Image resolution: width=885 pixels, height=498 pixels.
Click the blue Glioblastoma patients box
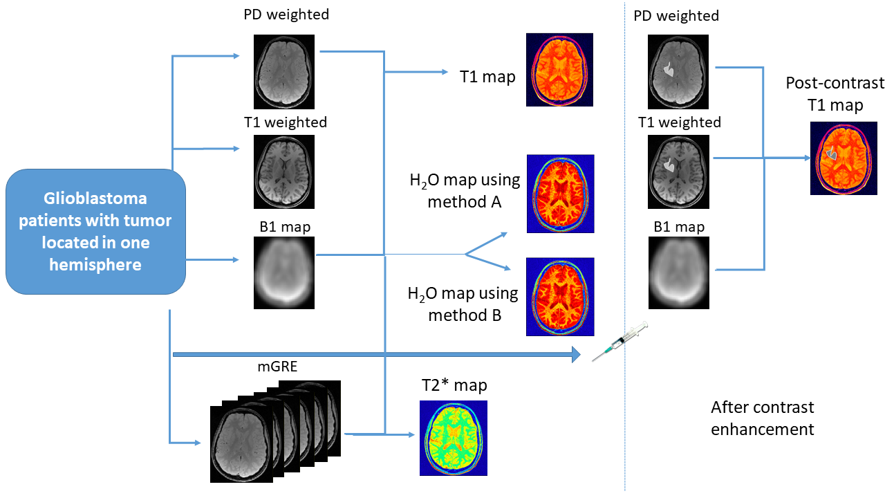pos(95,232)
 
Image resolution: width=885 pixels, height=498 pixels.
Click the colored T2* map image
pos(453,438)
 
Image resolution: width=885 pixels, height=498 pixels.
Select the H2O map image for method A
pos(560,194)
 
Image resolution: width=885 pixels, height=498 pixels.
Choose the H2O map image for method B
pos(560,297)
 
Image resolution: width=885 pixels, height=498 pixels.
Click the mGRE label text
pos(277,367)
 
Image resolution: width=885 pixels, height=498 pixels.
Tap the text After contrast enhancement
pos(763,418)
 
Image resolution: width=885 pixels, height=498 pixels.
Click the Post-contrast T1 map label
pos(835,94)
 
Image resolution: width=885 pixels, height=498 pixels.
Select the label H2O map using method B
pos(463,304)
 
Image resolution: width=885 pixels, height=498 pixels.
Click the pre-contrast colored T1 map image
pos(560,69)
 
